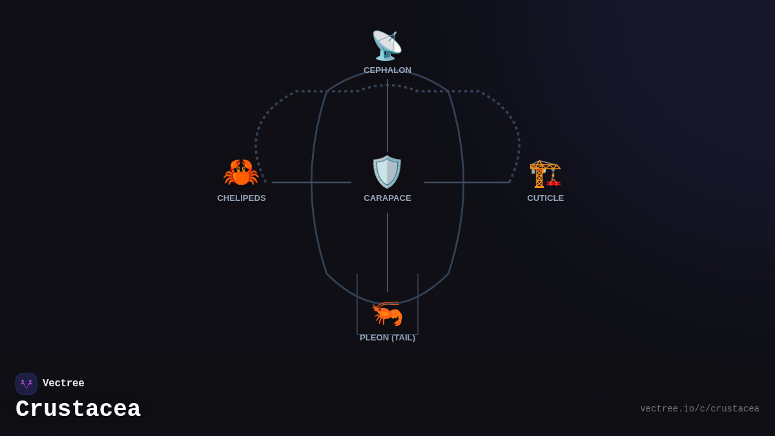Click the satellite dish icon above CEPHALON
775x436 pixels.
(387, 46)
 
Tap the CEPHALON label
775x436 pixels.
(387, 70)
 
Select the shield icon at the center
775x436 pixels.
(387, 172)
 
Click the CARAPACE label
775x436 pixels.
(387, 198)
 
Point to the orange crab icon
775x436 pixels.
(241, 172)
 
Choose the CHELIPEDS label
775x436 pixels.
(241, 198)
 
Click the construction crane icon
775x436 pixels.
(545, 174)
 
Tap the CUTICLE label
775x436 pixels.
(545, 198)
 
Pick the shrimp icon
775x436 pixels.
(387, 313)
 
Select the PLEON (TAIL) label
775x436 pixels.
(387, 338)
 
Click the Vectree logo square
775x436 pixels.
(26, 384)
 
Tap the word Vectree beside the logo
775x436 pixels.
(63, 383)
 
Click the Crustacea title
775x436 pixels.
(78, 409)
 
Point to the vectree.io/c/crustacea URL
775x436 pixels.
(699, 409)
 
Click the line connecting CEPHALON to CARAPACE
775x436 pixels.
(387, 116)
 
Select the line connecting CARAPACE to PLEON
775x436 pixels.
(387, 253)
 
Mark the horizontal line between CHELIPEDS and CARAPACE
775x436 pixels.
(311, 182)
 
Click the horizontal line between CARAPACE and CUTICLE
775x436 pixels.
(467, 182)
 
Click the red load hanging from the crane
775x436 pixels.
(553, 182)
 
